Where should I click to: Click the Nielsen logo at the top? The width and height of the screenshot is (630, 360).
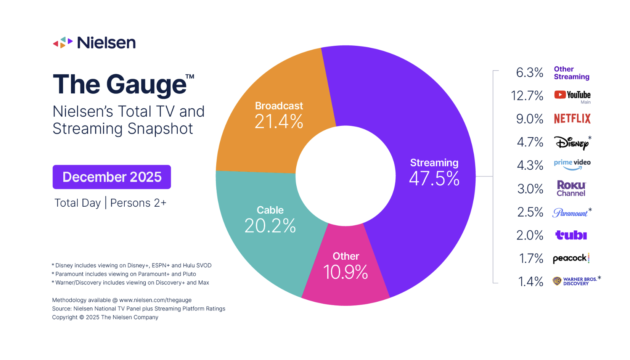(x=94, y=42)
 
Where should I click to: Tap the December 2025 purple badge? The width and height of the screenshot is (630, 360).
(x=112, y=177)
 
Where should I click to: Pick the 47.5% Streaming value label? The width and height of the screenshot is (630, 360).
(x=434, y=178)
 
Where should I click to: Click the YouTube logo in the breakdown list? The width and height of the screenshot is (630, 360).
(x=572, y=95)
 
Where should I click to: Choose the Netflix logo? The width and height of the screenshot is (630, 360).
(x=572, y=119)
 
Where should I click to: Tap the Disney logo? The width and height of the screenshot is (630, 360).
(x=572, y=143)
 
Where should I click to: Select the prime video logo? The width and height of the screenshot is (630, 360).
(x=572, y=164)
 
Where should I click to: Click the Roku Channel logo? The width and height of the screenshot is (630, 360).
(x=571, y=188)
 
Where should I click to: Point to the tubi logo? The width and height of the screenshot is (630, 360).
(x=571, y=235)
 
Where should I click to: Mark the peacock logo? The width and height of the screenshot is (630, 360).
(x=571, y=258)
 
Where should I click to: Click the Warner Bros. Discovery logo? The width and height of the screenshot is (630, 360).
(x=575, y=281)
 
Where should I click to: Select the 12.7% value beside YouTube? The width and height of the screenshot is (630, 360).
(x=527, y=95)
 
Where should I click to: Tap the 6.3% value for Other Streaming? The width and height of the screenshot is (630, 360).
(x=529, y=72)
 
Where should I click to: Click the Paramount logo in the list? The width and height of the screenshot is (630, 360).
(x=570, y=212)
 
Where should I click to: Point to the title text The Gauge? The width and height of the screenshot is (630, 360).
(x=120, y=84)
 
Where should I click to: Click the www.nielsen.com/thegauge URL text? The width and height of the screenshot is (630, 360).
(x=155, y=300)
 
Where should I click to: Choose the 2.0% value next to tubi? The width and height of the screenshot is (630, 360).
(x=530, y=235)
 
